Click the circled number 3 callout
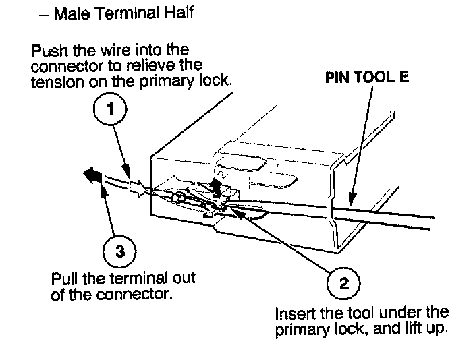click(x=119, y=251)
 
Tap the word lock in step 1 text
click(x=217, y=80)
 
